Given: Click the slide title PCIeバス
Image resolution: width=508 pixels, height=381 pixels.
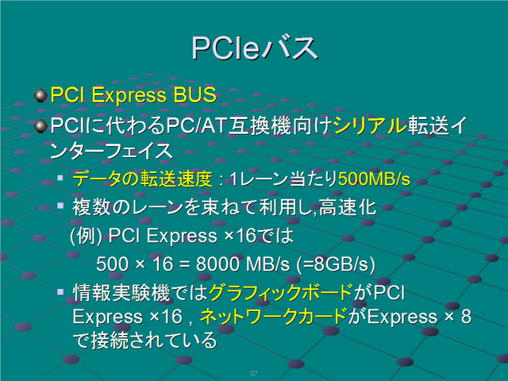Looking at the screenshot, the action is coord(255,48).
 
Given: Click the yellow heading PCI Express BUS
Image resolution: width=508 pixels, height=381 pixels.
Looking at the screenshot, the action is coord(133,95).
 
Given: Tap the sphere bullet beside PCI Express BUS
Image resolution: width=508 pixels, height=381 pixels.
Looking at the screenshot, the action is coord(40,95).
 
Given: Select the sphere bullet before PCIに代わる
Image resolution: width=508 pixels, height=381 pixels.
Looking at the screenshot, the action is coord(40,126).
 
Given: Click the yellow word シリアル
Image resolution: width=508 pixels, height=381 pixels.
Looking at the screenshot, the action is coord(370,125).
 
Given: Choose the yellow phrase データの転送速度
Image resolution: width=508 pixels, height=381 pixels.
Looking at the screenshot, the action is coord(142,179).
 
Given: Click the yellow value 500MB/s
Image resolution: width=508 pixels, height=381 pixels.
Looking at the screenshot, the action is coord(374,179).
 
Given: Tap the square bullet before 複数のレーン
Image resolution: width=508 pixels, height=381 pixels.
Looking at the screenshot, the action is coord(60,206).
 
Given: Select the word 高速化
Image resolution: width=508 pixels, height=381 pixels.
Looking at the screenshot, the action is coord(348,207).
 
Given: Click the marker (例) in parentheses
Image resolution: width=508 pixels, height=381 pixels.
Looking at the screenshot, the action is coord(87,236).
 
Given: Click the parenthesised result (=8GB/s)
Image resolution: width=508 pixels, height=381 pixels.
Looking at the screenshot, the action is coord(336,264).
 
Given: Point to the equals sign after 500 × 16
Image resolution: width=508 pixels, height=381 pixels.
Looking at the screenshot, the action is coord(184,264).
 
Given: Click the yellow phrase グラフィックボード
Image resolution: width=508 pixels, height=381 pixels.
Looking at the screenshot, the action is coord(281,292).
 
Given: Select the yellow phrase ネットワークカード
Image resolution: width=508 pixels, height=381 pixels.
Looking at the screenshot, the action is coord(274,317).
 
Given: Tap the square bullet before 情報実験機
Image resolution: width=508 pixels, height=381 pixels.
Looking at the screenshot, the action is coord(60,292).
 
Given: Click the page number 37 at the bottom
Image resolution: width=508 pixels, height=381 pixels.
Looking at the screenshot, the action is coord(254,373).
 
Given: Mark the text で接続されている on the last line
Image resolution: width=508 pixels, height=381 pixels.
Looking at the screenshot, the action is coord(144,341).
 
